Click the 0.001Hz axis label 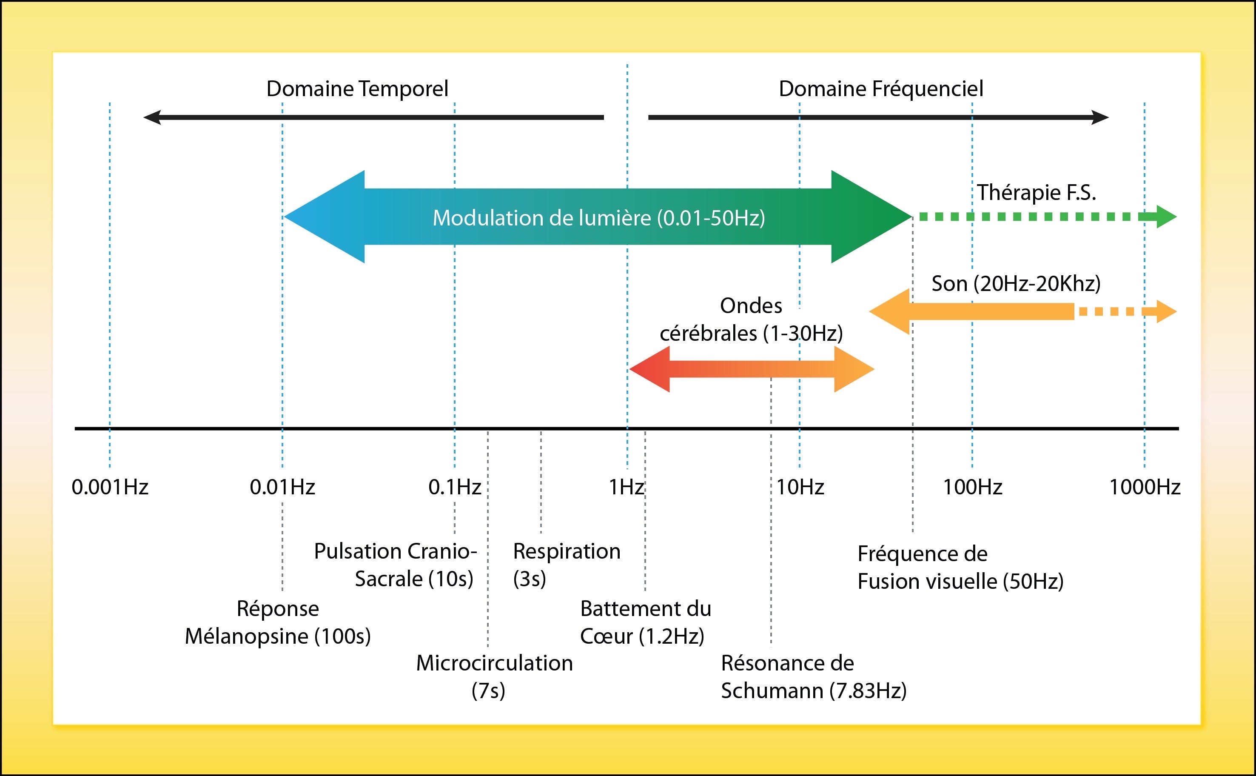pyautogui.click(x=110, y=487)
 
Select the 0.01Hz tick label pyautogui.click(x=282, y=487)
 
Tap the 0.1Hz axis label pyautogui.click(x=455, y=487)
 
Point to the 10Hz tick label pyautogui.click(x=800, y=487)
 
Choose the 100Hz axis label pyautogui.click(x=972, y=487)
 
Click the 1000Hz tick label pyautogui.click(x=1145, y=487)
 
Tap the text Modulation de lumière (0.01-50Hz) pyautogui.click(x=599, y=217)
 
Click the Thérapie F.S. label pyautogui.click(x=1037, y=192)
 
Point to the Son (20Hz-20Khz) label pyautogui.click(x=1016, y=283)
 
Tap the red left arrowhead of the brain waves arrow pyautogui.click(x=649, y=369)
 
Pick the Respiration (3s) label pyautogui.click(x=567, y=565)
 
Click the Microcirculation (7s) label pyautogui.click(x=494, y=676)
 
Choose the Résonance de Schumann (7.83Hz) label pyautogui.click(x=814, y=676)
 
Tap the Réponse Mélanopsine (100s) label pyautogui.click(x=278, y=622)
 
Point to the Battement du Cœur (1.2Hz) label pyautogui.click(x=646, y=622)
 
